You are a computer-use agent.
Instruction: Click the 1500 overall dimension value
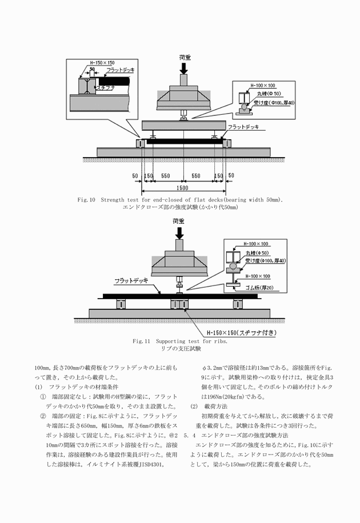(x=183, y=188)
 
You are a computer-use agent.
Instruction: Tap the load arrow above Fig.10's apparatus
(x=183, y=67)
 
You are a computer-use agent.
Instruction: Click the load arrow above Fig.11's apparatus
(x=181, y=232)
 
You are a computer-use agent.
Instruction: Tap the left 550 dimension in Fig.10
(x=166, y=176)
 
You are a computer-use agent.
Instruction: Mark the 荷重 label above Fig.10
(x=183, y=57)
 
